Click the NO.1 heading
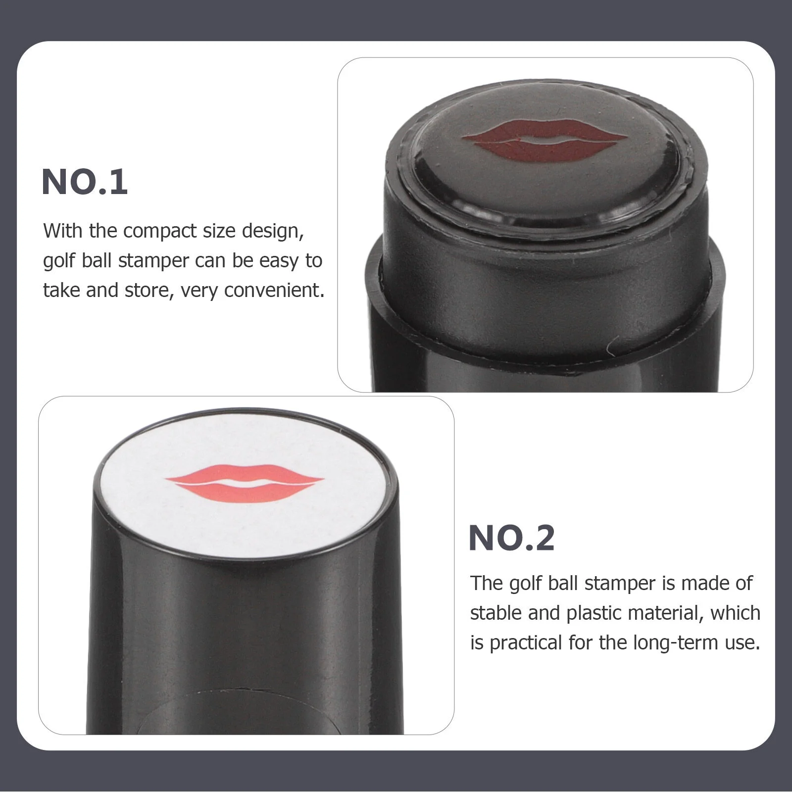(x=85, y=182)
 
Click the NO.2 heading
(x=511, y=538)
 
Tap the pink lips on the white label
(x=244, y=483)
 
